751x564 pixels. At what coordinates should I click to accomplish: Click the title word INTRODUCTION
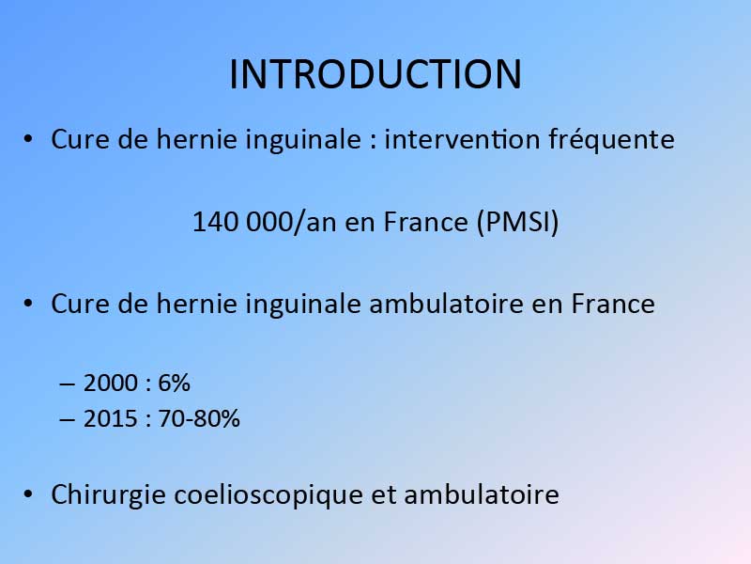375,74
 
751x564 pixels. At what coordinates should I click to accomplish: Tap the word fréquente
612,140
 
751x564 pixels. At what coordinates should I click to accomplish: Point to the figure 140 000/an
265,222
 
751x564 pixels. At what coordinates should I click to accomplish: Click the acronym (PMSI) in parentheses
518,222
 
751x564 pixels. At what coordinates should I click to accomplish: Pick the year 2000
111,384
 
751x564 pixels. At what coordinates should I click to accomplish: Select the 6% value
174,384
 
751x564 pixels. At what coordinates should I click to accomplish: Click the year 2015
111,418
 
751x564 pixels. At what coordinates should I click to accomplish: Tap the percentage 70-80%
199,418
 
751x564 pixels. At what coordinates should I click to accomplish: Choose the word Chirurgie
108,495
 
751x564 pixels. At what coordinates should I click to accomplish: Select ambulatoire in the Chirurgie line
482,494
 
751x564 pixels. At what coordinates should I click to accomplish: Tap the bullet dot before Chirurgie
28,494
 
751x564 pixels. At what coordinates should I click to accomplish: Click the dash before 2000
67,384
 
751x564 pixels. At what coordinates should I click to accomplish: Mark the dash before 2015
67,419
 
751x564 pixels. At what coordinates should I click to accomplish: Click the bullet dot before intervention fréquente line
28,138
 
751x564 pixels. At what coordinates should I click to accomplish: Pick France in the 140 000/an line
426,223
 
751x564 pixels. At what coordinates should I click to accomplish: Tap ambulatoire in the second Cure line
447,304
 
